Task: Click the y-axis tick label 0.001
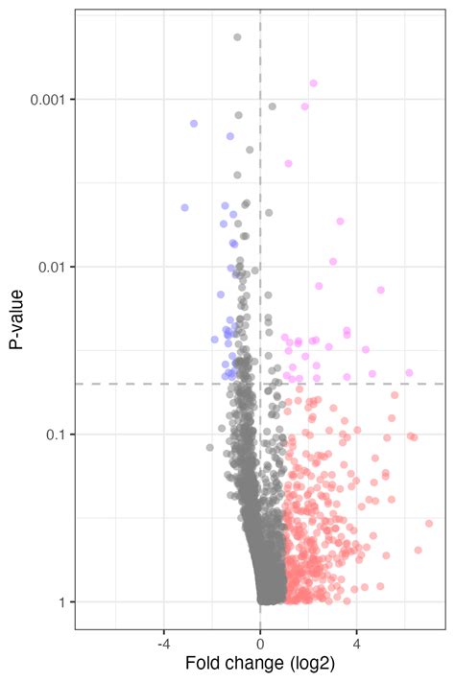tap(47, 100)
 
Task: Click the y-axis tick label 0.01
tap(51, 267)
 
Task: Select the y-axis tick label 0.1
tap(55, 435)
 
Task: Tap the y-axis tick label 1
tap(60, 602)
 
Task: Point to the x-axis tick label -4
tap(164, 645)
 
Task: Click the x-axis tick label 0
tap(260, 645)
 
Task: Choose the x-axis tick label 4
tap(356, 645)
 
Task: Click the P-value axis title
tap(16, 319)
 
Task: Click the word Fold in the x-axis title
tap(202, 664)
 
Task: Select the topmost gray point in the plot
tap(237, 37)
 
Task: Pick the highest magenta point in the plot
tap(314, 83)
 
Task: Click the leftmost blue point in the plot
tap(184, 208)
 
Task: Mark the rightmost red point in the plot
tap(429, 523)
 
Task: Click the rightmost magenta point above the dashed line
tap(409, 373)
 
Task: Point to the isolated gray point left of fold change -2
tap(210, 448)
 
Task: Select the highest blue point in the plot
tap(194, 124)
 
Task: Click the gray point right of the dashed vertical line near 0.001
tap(272, 106)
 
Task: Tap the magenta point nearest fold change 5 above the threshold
tap(380, 290)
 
